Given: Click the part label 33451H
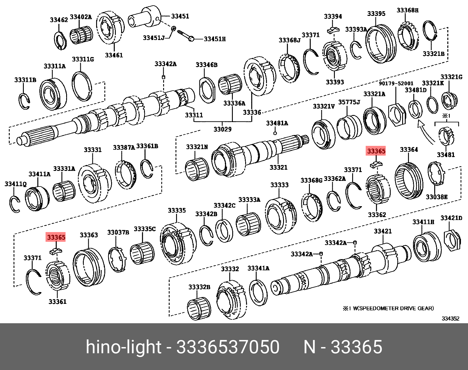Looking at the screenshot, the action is tap(215, 39).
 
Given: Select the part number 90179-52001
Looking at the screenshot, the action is tap(396, 83).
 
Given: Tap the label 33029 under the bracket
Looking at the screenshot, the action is tap(223, 129).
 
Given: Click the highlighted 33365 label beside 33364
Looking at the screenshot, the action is tap(376, 151).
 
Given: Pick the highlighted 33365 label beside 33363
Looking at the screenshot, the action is tap(56, 237).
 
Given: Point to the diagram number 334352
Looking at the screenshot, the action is tap(450, 319).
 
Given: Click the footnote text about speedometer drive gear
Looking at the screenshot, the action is tap(388, 308).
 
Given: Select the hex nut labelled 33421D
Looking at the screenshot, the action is tap(452, 241).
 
